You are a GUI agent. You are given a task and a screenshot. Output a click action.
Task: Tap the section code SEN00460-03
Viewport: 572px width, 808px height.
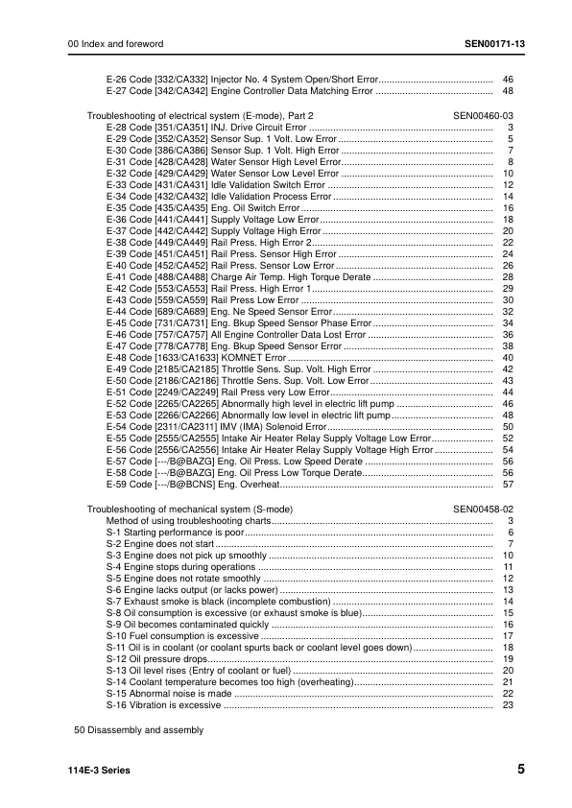pos(484,114)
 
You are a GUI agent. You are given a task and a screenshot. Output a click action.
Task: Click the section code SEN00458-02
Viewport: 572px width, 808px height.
pos(484,508)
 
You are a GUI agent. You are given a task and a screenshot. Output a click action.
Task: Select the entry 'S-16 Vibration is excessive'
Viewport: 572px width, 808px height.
pos(163,705)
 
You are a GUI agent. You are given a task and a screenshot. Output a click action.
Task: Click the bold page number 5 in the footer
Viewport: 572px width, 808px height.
pos(520,770)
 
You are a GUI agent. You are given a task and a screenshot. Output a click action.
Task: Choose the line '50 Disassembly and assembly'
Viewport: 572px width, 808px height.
pos(139,730)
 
